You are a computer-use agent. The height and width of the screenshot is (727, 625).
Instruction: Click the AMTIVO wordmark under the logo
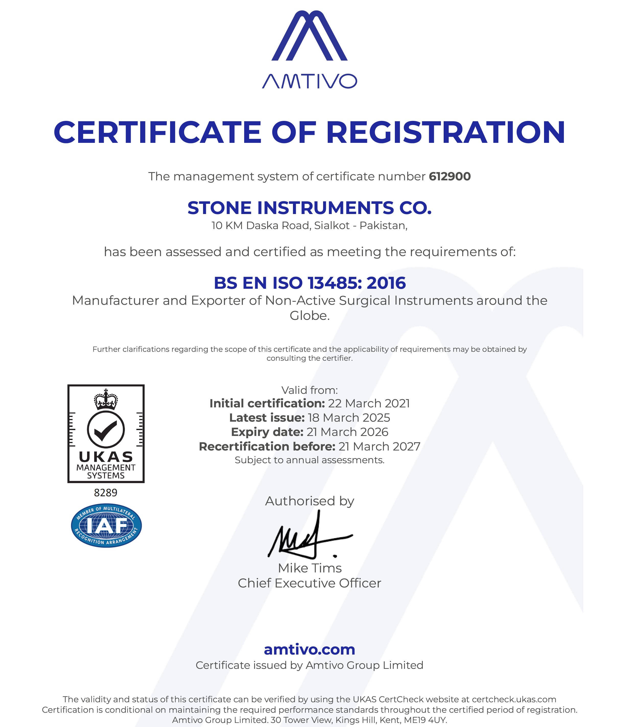point(309,81)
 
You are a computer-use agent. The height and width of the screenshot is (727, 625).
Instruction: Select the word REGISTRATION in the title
point(445,133)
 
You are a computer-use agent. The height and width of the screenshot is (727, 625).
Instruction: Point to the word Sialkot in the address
point(332,225)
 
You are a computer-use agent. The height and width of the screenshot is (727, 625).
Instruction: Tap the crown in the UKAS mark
point(106,399)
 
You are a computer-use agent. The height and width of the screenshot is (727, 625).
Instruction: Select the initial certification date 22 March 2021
point(369,404)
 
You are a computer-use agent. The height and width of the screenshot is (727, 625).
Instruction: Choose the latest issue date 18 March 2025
point(348,418)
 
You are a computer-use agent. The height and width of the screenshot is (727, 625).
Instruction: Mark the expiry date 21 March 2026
point(347,432)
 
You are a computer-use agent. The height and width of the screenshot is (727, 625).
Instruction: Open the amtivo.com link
point(309,649)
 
